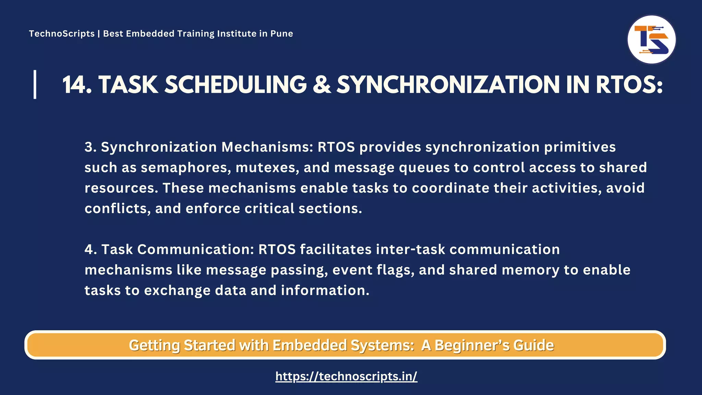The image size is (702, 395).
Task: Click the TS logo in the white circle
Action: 651,39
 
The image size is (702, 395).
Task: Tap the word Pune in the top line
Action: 282,34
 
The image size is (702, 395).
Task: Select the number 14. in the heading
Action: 77,85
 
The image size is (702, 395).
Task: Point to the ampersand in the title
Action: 322,85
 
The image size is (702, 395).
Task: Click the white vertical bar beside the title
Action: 35,84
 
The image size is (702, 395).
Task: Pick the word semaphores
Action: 185,168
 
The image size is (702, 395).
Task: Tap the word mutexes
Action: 267,168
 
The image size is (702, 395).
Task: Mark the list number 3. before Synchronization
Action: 90,147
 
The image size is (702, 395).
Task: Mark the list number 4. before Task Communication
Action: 90,250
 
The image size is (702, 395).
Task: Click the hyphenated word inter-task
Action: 410,250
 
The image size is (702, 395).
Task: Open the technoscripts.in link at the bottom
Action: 346,376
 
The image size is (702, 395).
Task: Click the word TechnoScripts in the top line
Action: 62,34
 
